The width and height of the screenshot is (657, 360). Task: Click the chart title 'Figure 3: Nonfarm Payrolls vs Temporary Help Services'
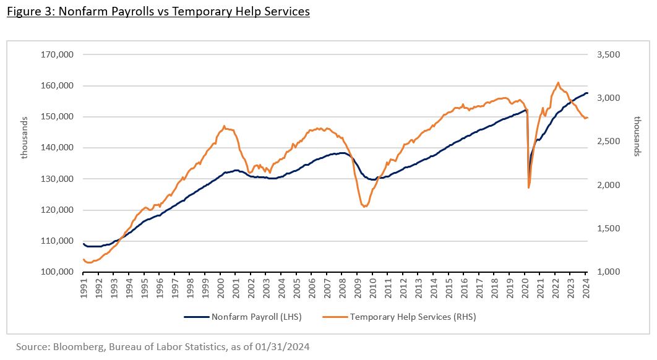click(x=158, y=12)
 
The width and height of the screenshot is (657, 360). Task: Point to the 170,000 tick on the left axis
click(x=57, y=54)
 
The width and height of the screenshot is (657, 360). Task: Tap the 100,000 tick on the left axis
click(x=57, y=272)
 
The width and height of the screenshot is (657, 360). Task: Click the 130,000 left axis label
click(x=57, y=179)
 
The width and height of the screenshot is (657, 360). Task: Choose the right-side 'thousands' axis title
click(x=637, y=136)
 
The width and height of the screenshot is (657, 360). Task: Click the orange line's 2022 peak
click(x=558, y=82)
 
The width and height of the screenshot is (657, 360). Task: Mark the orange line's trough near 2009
click(x=365, y=207)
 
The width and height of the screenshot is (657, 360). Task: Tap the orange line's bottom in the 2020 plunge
click(x=529, y=187)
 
